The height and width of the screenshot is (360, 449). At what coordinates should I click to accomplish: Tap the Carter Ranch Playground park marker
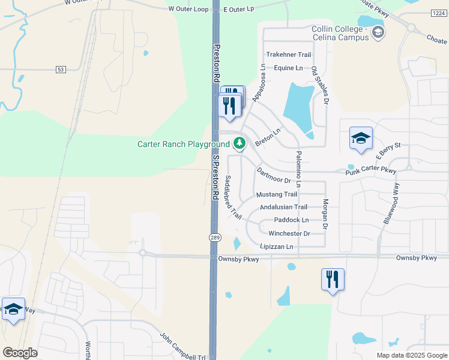coord(240,143)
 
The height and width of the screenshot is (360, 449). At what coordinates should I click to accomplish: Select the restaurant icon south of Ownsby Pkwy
coord(333,280)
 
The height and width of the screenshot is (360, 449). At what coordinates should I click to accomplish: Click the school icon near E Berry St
coord(361,139)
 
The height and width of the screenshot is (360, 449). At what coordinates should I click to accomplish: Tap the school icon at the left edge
coord(13,309)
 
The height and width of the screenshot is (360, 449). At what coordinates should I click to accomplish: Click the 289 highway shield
coord(214,238)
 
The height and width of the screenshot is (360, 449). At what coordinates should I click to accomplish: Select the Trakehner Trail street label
coord(289,55)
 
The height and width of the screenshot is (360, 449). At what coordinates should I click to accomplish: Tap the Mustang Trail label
coord(276,194)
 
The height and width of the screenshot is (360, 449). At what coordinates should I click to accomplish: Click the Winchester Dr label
coord(289,233)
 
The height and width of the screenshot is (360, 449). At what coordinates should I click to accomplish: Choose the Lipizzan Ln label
coord(276,247)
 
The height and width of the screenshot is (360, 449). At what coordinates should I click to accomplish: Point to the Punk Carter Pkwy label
coord(371,172)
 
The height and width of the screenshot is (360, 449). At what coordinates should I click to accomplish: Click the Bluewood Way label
coord(391,205)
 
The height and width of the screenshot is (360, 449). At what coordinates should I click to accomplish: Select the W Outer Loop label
coord(187,9)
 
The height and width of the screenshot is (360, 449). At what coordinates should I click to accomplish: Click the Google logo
coord(20,353)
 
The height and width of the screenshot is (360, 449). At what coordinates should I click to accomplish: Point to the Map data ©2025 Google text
coord(411,355)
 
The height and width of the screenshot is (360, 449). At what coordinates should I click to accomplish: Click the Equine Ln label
coord(288,68)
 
